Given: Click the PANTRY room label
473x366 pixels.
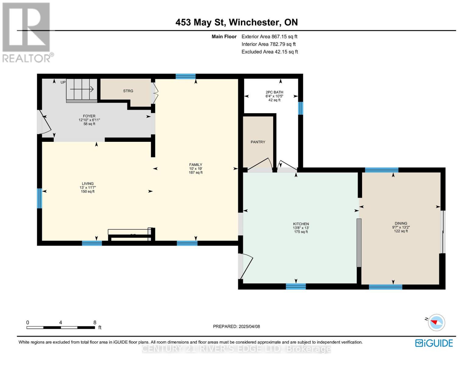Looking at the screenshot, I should pos(258,142).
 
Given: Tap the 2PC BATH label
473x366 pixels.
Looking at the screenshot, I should pos(274,92).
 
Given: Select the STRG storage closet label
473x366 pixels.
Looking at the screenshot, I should pos(128,91).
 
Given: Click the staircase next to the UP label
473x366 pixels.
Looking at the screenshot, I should pos(82,90).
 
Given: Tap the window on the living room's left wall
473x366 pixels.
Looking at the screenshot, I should pos(39,198).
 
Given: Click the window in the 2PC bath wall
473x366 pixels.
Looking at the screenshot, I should pos(300,108).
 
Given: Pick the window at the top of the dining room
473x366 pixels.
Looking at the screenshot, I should pos(381,170).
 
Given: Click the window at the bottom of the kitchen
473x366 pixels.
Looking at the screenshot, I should pos(295,286).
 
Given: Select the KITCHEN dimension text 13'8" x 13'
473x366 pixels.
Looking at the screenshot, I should pos(301,228).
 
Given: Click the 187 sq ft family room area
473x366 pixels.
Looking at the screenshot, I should pos(196,173).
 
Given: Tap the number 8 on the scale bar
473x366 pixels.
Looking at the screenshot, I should pos(95,322).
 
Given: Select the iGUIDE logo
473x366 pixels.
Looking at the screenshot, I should pos(434,343).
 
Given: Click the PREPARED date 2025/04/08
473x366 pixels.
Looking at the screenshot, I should pos(236,326).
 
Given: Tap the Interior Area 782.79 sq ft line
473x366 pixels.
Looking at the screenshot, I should pos(268,44).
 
